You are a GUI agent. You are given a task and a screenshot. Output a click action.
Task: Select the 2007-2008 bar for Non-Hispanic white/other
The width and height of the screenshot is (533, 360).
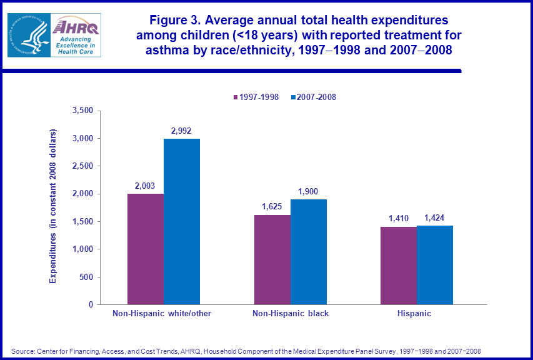click(x=182, y=221)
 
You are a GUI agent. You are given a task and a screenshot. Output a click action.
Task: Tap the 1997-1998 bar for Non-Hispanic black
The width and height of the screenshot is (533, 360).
click(x=272, y=259)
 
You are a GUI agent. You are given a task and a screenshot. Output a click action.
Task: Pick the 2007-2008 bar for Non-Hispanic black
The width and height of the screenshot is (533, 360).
click(x=309, y=252)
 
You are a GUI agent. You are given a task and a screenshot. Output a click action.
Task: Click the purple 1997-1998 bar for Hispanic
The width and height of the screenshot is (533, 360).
click(x=399, y=266)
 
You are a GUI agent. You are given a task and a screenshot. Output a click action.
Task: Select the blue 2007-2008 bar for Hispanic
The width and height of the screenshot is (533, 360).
click(x=435, y=265)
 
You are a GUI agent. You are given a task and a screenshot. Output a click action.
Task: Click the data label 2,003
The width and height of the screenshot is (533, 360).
click(x=146, y=186)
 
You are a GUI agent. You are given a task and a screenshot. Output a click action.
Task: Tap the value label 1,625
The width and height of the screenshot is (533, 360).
click(x=272, y=207)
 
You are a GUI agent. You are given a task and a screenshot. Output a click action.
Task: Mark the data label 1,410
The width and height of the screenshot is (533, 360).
click(x=399, y=219)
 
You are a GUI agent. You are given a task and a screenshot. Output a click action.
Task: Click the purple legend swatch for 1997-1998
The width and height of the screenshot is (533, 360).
click(x=236, y=97)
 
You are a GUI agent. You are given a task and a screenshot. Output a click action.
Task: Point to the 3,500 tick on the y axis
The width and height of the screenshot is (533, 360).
click(x=82, y=111)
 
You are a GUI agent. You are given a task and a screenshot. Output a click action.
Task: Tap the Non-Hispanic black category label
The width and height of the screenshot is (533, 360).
click(x=291, y=313)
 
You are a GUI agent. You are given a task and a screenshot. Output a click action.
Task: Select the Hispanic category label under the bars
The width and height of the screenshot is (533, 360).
click(x=414, y=313)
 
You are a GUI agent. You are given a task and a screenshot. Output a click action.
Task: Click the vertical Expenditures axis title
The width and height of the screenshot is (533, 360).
click(x=53, y=206)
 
